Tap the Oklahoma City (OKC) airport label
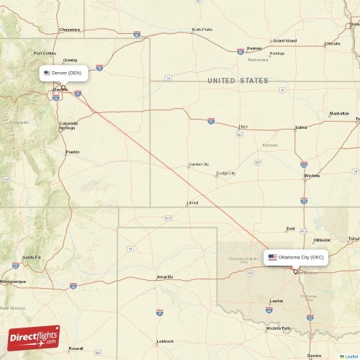coord(296,257)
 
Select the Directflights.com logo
coord(34,337)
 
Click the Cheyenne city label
coord(70,30)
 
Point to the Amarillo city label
coord(165,277)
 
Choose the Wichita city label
coord(312,176)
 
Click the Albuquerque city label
coord(15,282)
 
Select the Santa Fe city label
coord(31,257)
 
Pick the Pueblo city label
coord(73,152)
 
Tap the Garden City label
coord(199,164)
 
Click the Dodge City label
coord(226,173)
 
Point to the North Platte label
coord(202,30)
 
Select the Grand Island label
coord(284,40)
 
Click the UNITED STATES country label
coord(237,81)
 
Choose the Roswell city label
coord(76,348)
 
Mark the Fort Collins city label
coord(45,53)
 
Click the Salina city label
coord(301,127)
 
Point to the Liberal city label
coord(192,203)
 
